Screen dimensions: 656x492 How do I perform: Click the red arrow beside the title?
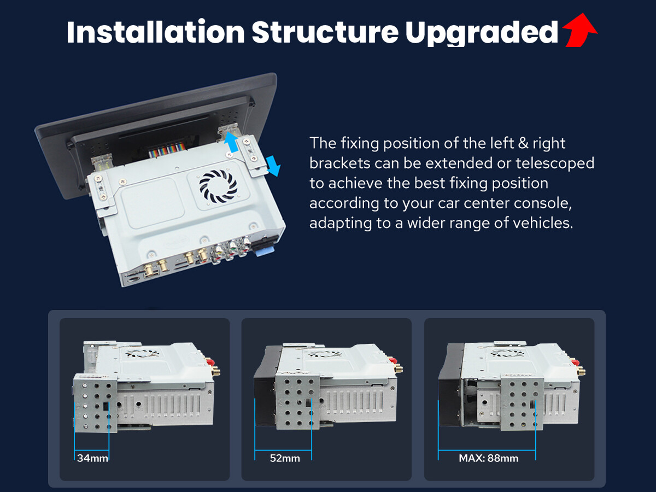580,31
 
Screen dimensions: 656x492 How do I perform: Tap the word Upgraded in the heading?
482,33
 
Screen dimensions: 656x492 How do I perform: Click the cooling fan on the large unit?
218,186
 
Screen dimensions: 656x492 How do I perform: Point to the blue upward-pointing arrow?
231,142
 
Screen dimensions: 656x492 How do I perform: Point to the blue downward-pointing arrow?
273,166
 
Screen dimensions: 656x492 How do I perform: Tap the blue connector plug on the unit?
265,250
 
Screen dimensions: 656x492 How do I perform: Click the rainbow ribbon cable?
167,149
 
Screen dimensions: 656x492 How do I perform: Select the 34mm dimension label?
92,458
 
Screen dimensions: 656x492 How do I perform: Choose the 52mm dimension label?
284,458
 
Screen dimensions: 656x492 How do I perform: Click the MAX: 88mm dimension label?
488,458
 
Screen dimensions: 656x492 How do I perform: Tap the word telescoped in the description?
555,163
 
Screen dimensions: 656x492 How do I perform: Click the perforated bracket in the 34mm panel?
96,403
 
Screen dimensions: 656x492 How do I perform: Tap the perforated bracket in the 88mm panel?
523,404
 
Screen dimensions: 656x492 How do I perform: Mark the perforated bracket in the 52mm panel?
298,400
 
